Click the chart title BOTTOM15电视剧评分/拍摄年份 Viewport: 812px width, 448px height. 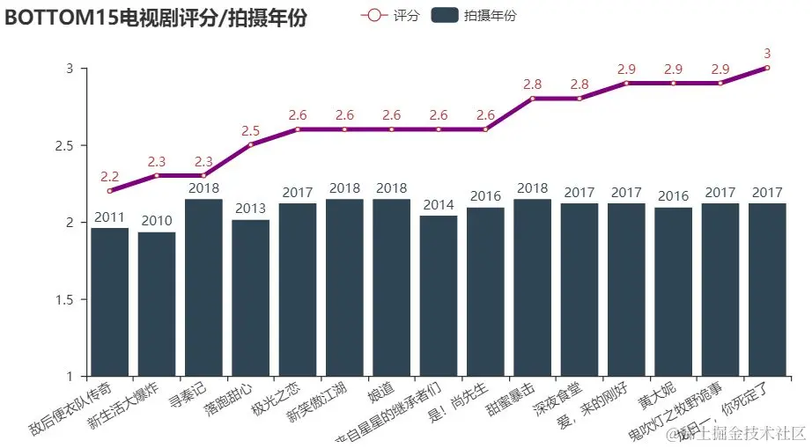[156, 18]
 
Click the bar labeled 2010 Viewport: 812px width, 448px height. [157, 304]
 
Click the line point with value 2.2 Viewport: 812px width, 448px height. [109, 191]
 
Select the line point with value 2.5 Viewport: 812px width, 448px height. [250, 145]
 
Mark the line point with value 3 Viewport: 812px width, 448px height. [767, 68]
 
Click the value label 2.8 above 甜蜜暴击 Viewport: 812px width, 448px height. [532, 84]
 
